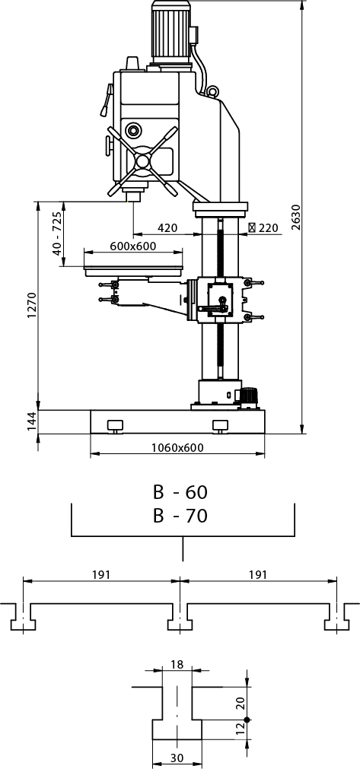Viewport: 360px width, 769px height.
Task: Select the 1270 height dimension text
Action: click(x=32, y=305)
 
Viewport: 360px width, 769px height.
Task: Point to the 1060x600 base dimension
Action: click(x=177, y=447)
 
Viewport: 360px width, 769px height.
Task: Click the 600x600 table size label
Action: click(x=133, y=246)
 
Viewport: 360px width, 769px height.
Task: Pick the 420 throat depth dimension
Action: click(x=167, y=228)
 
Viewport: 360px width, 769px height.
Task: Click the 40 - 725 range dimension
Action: click(x=57, y=234)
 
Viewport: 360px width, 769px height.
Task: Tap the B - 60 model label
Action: click(x=180, y=491)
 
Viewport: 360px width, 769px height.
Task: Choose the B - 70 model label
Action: click(x=180, y=516)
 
